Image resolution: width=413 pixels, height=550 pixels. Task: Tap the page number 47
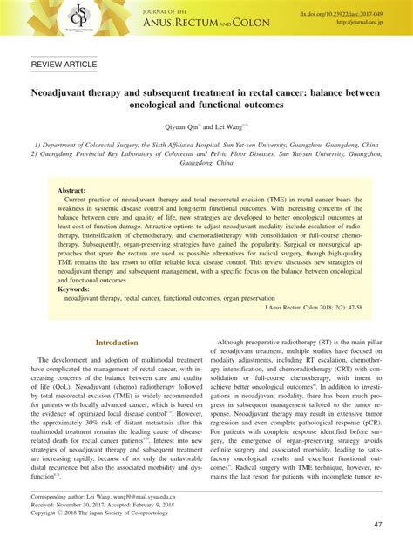tap(379, 524)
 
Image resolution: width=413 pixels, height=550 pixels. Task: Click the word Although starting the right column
tap(236, 342)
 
